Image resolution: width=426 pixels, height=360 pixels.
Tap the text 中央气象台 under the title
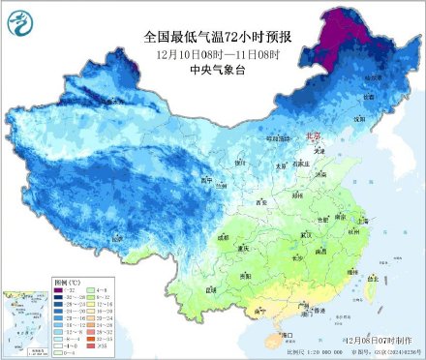point(214,70)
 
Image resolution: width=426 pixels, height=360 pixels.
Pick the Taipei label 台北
point(369,279)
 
